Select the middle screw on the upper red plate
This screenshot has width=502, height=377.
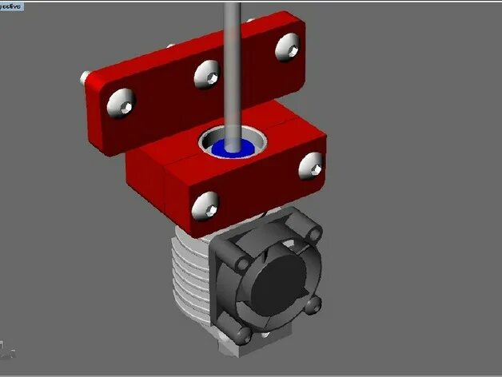pos(207,73)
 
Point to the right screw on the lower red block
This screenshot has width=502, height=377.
pos(311,165)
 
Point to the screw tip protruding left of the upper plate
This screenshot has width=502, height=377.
pos(83,77)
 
